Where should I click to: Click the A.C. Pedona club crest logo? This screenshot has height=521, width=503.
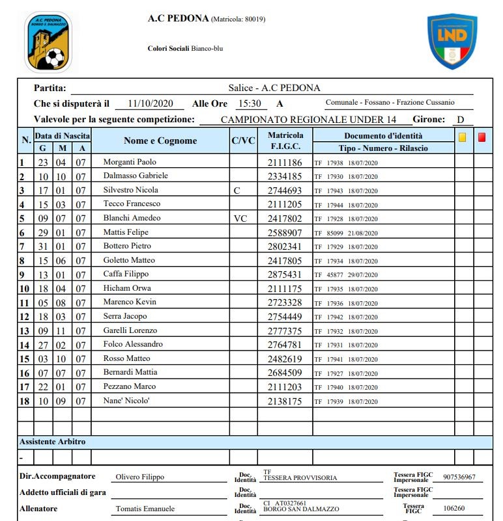tap(48, 42)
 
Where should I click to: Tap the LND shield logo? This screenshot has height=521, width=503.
tap(452, 40)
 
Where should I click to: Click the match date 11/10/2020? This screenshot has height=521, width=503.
tap(151, 103)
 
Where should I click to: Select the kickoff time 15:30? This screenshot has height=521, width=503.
tap(249, 103)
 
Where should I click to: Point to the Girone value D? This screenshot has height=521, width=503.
tap(461, 119)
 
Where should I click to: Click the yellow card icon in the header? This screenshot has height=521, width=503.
tap(463, 137)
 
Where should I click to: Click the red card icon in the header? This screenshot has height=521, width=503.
tap(482, 137)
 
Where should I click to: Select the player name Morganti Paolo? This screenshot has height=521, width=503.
tap(130, 162)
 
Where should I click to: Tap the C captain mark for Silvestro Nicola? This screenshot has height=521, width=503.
tap(237, 191)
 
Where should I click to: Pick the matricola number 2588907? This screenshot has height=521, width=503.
tap(285, 232)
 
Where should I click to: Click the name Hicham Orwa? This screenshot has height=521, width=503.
tap(127, 288)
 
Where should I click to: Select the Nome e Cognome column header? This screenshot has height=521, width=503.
tap(160, 140)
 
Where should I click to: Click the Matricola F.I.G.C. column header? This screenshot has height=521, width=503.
tap(285, 140)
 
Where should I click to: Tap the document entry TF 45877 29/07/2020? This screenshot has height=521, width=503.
tap(345, 274)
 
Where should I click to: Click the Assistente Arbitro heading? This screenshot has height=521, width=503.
tap(52, 442)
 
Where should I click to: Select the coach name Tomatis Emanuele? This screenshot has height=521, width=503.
tap(145, 509)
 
